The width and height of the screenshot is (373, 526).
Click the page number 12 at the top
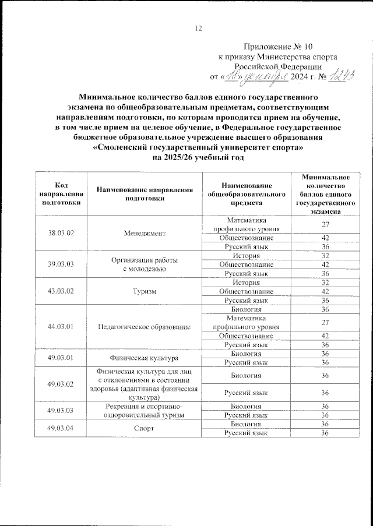(198, 28)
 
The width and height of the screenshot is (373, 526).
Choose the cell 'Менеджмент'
(145, 233)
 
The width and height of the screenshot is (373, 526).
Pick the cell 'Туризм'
(145, 291)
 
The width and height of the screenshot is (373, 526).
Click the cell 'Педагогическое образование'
(145, 327)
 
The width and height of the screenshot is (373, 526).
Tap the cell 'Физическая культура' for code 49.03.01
(145, 358)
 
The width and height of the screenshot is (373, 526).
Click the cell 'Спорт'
(145, 428)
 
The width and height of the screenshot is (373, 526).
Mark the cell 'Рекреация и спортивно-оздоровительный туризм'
(145, 410)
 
